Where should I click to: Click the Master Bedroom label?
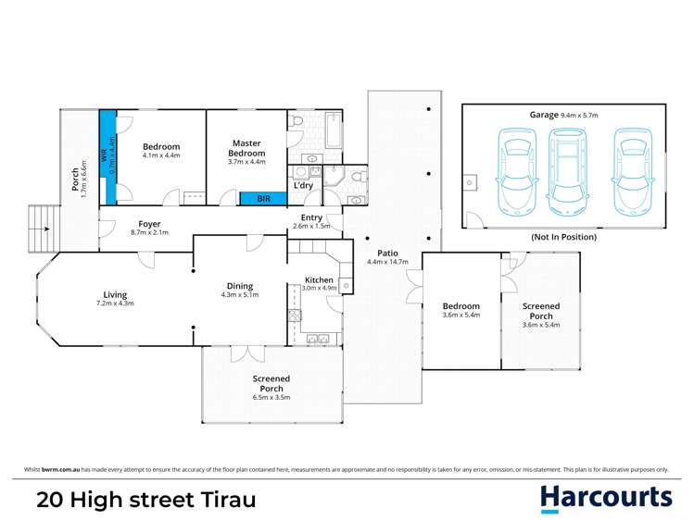(246, 147)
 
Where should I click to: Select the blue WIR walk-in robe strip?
(109, 156)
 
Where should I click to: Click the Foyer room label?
(150, 224)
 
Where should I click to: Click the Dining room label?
(240, 286)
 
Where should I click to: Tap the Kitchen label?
(320, 279)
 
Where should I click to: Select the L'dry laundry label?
(303, 186)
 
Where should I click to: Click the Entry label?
(311, 217)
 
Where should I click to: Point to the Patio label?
(387, 252)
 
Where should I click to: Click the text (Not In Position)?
(563, 238)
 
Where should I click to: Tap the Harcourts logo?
(606, 499)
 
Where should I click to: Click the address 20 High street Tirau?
(145, 501)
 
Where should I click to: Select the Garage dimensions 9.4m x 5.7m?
(581, 115)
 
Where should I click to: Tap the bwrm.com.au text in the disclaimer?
(61, 469)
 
